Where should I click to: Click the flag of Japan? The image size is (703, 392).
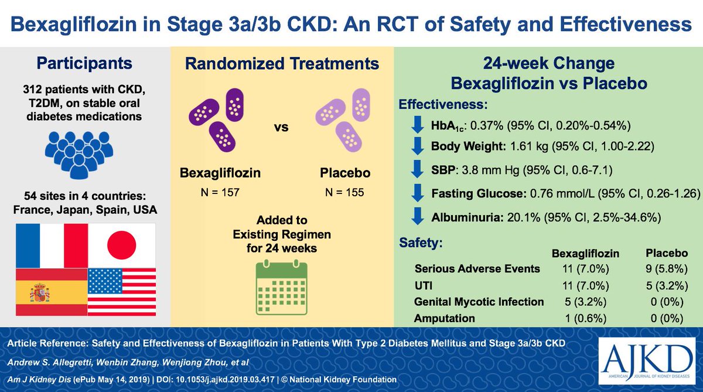tap(122, 244)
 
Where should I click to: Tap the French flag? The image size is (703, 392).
tap(52, 244)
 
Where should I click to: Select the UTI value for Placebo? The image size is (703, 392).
tap(666, 285)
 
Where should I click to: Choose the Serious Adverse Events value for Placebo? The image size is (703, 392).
tap(666, 269)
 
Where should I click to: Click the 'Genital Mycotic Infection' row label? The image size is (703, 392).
tap(479, 302)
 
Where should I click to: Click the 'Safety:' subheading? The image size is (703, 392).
tap(421, 241)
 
